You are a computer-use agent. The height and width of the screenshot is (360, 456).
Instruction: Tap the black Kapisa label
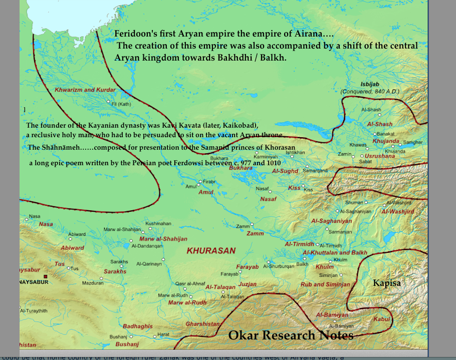[387, 283]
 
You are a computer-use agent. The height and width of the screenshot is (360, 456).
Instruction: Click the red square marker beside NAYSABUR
[45, 276]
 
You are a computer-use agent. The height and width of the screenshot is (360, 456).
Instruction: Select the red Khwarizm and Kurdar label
[85, 90]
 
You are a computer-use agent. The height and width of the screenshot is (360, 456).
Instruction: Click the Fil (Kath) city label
[121, 104]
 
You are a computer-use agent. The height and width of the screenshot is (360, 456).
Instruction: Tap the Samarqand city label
[315, 171]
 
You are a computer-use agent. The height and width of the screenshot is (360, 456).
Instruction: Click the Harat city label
[163, 334]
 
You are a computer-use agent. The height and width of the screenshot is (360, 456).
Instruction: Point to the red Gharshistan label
[202, 324]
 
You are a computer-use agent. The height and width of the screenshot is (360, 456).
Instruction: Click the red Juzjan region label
[247, 284]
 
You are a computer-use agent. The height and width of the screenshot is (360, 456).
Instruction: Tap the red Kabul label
[382, 319]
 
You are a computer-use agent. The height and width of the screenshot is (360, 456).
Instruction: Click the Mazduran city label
[92, 283]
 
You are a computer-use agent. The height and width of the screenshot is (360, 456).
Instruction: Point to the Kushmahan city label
[158, 223]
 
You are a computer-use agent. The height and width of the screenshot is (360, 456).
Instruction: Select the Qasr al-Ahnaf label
[187, 283]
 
